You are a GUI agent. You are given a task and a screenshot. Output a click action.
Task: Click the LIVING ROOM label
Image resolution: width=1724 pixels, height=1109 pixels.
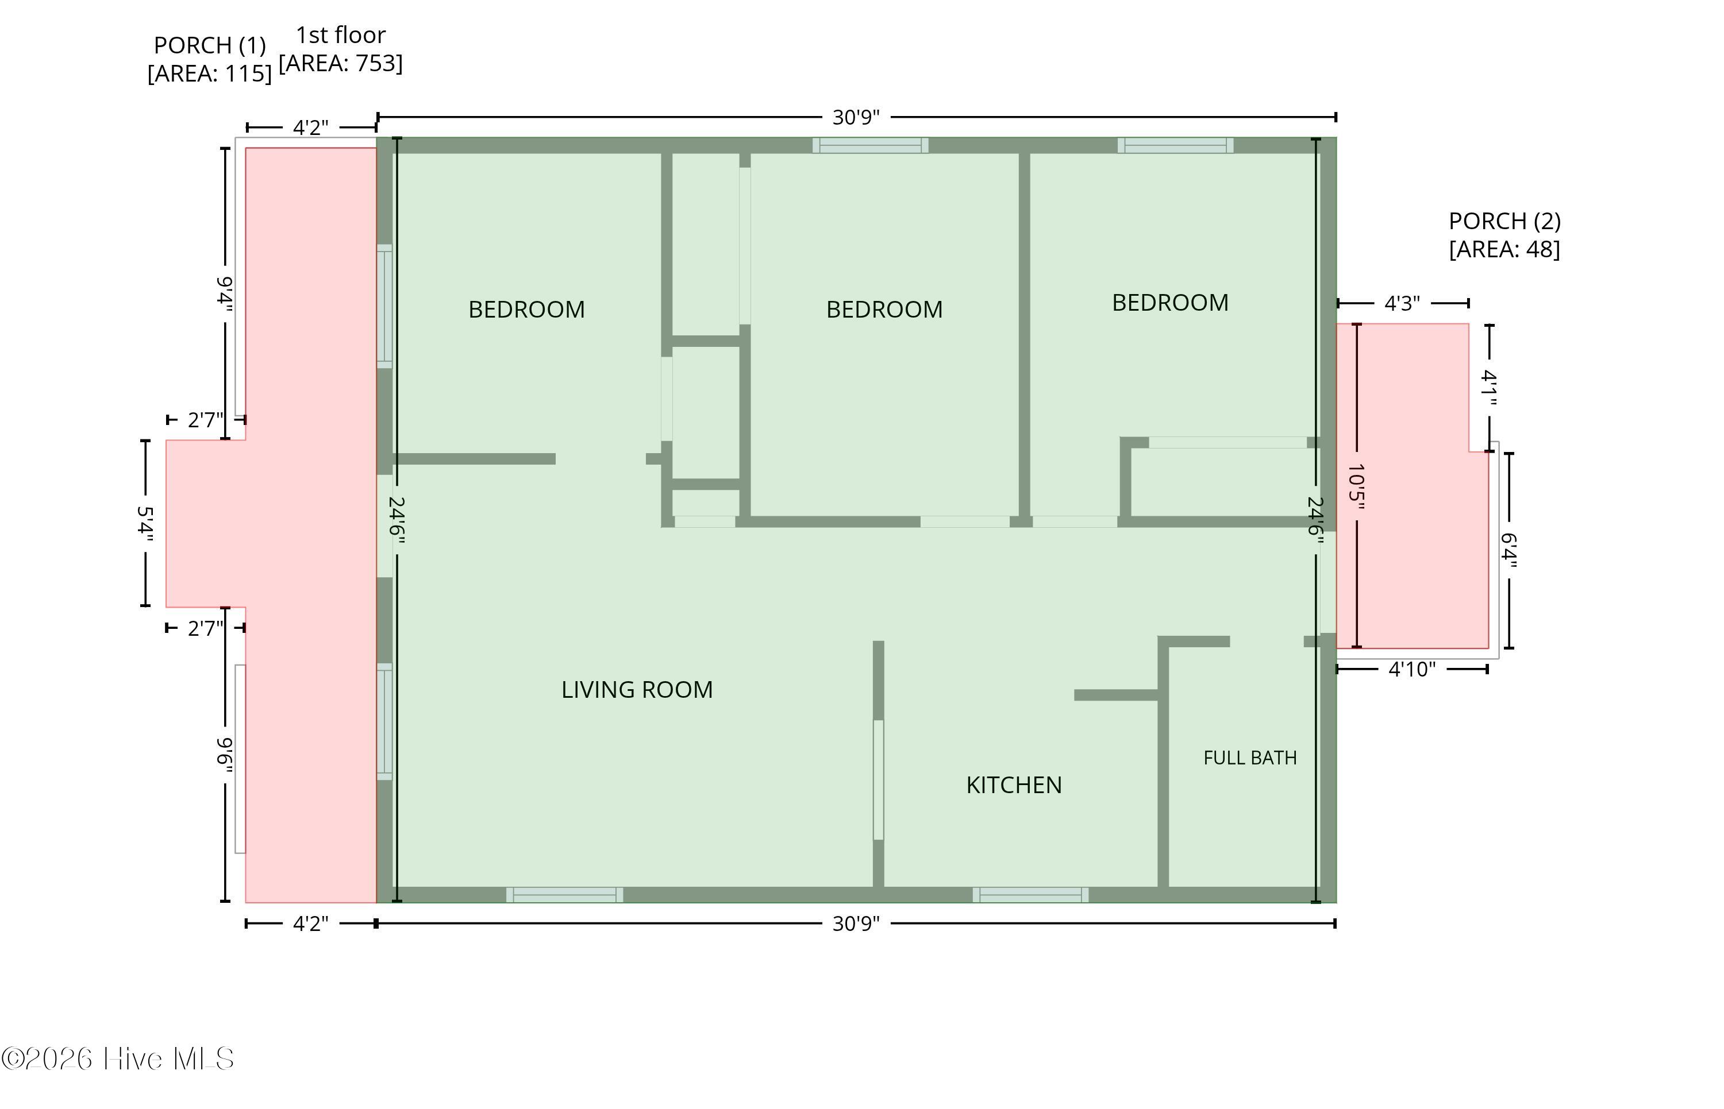click(637, 690)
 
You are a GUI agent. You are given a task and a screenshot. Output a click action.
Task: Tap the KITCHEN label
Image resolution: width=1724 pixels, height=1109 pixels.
click(1014, 785)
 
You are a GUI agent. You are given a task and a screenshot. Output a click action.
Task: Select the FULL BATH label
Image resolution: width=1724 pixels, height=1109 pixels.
click(1250, 758)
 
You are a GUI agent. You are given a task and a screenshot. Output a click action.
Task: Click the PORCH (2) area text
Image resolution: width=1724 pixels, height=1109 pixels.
click(1504, 235)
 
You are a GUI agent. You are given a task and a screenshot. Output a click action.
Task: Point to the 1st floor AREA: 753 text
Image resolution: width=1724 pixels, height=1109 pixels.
click(341, 49)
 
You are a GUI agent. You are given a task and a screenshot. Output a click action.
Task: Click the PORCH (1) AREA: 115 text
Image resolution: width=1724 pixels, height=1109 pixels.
click(210, 59)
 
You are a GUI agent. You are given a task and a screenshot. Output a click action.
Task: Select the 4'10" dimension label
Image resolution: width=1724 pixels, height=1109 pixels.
click(1412, 670)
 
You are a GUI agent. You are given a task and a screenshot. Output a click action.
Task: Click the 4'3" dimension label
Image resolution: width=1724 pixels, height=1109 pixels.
click(1402, 303)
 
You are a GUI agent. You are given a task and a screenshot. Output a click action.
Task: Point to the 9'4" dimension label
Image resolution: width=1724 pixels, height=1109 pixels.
click(225, 294)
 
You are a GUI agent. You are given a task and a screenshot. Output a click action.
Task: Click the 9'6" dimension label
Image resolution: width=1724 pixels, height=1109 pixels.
click(225, 755)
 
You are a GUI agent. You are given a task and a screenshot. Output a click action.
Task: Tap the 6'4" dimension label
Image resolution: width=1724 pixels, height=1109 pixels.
click(1508, 550)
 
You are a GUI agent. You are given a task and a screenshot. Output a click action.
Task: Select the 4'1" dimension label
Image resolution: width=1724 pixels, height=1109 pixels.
click(1489, 388)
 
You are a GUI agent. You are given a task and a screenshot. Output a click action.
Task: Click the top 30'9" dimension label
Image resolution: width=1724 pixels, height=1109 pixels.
click(856, 117)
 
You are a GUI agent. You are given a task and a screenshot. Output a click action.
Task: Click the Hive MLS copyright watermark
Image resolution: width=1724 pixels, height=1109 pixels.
click(118, 1058)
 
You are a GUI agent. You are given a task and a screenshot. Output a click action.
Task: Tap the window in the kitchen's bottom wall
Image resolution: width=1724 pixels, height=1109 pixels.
click(1030, 895)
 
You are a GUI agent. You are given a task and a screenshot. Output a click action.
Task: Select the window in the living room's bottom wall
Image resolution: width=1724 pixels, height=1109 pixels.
click(565, 895)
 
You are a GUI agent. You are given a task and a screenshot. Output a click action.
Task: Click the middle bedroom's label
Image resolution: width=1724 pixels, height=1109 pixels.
click(884, 310)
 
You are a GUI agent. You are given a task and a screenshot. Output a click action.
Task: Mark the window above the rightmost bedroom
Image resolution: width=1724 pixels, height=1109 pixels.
click(1175, 145)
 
